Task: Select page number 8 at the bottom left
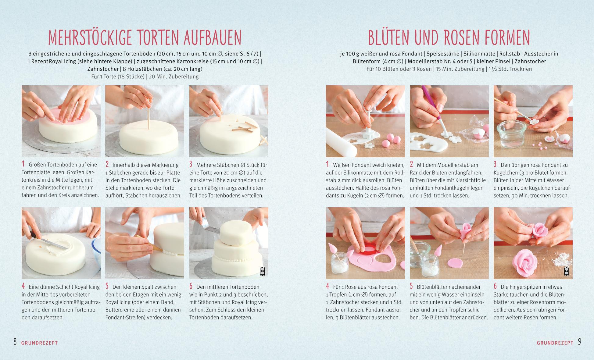coord(15,342)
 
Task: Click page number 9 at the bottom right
coord(579,342)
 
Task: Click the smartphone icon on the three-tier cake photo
coord(262,271)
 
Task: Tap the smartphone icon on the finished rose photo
coord(566,271)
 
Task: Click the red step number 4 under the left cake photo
coord(23,286)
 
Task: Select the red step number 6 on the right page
coord(496,286)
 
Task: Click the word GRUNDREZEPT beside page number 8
coord(40,343)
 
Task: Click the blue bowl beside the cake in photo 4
coord(96,255)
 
